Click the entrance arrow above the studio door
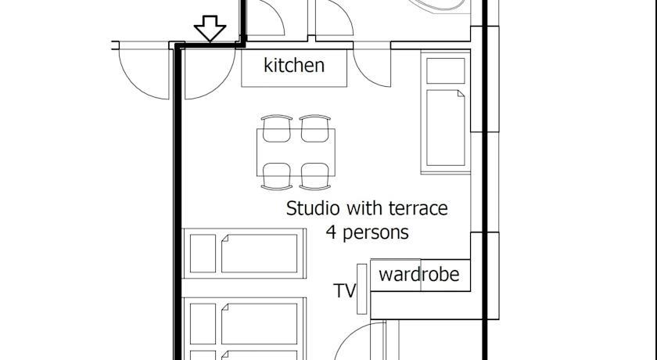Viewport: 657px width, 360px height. [210, 28]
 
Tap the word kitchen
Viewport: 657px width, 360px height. [294, 66]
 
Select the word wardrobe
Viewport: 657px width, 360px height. [419, 275]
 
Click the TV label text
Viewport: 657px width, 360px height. [344, 290]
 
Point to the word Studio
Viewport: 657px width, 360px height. [312, 208]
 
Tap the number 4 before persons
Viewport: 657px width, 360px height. [331, 232]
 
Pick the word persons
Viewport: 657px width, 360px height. [376, 233]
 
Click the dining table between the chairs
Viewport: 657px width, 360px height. [296, 152]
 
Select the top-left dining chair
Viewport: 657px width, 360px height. [277, 128]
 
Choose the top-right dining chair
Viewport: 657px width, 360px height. [315, 128]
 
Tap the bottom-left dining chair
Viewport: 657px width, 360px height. [277, 176]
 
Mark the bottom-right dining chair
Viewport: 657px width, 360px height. [315, 176]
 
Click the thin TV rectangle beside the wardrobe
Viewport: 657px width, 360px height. [361, 289]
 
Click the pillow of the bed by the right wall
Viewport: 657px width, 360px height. [445, 71]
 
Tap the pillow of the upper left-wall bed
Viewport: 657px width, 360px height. [203, 254]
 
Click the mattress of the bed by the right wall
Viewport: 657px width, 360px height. [445, 128]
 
